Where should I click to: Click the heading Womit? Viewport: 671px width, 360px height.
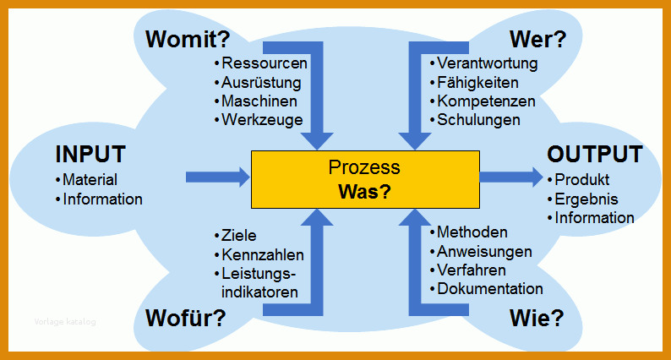(x=188, y=40)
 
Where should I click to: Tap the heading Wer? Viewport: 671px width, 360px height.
(x=538, y=40)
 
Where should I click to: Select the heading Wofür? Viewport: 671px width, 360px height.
(x=186, y=318)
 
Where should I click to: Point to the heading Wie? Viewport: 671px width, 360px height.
(x=537, y=318)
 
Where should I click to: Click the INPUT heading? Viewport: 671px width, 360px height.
(x=90, y=154)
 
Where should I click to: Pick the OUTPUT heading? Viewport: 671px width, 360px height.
(x=595, y=154)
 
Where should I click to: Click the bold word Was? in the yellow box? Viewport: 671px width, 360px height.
(x=364, y=191)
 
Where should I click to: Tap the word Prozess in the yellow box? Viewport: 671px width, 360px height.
(x=364, y=167)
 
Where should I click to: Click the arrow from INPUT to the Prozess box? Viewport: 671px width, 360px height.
(x=218, y=177)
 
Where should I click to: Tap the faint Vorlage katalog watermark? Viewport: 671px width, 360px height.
(x=65, y=322)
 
